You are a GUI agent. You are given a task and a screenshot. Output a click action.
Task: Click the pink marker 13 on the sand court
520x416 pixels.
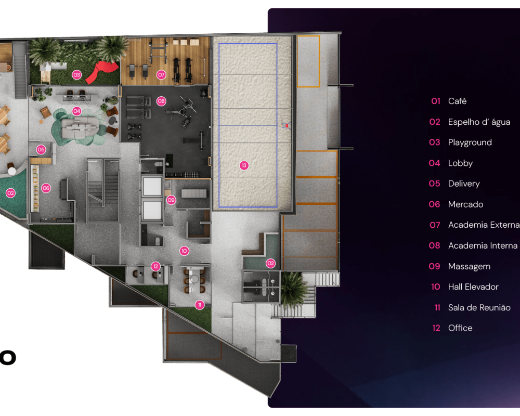244,165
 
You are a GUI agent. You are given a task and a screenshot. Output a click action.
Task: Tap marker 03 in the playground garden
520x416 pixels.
76,75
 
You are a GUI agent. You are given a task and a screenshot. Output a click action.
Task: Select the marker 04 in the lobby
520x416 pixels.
76,111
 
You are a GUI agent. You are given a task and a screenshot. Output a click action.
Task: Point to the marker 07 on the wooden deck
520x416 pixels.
161,75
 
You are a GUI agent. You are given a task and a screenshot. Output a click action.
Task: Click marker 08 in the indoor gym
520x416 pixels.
161,101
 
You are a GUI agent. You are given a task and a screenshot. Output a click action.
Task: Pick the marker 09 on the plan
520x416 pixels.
171,200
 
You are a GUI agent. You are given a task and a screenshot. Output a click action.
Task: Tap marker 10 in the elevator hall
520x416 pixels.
184,251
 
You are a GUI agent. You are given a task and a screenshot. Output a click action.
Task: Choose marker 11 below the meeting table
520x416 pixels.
199,305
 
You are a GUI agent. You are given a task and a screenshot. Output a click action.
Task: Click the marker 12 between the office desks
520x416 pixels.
155,266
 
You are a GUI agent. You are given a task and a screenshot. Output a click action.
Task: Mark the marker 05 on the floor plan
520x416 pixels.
41,150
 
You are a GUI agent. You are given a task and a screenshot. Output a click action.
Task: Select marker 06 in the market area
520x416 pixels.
46,188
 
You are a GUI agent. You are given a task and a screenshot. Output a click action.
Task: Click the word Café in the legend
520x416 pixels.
457,101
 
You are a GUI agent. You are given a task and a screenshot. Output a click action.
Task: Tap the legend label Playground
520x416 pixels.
470,142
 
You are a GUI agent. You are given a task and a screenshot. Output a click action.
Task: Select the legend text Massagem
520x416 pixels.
469,266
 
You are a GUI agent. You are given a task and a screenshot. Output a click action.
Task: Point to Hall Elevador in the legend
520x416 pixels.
473,287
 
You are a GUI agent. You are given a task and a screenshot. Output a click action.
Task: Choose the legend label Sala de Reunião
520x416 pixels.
479,307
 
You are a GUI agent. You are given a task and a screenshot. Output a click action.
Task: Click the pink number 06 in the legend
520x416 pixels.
434,204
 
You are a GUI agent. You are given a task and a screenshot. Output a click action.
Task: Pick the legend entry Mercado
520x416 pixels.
465,204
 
